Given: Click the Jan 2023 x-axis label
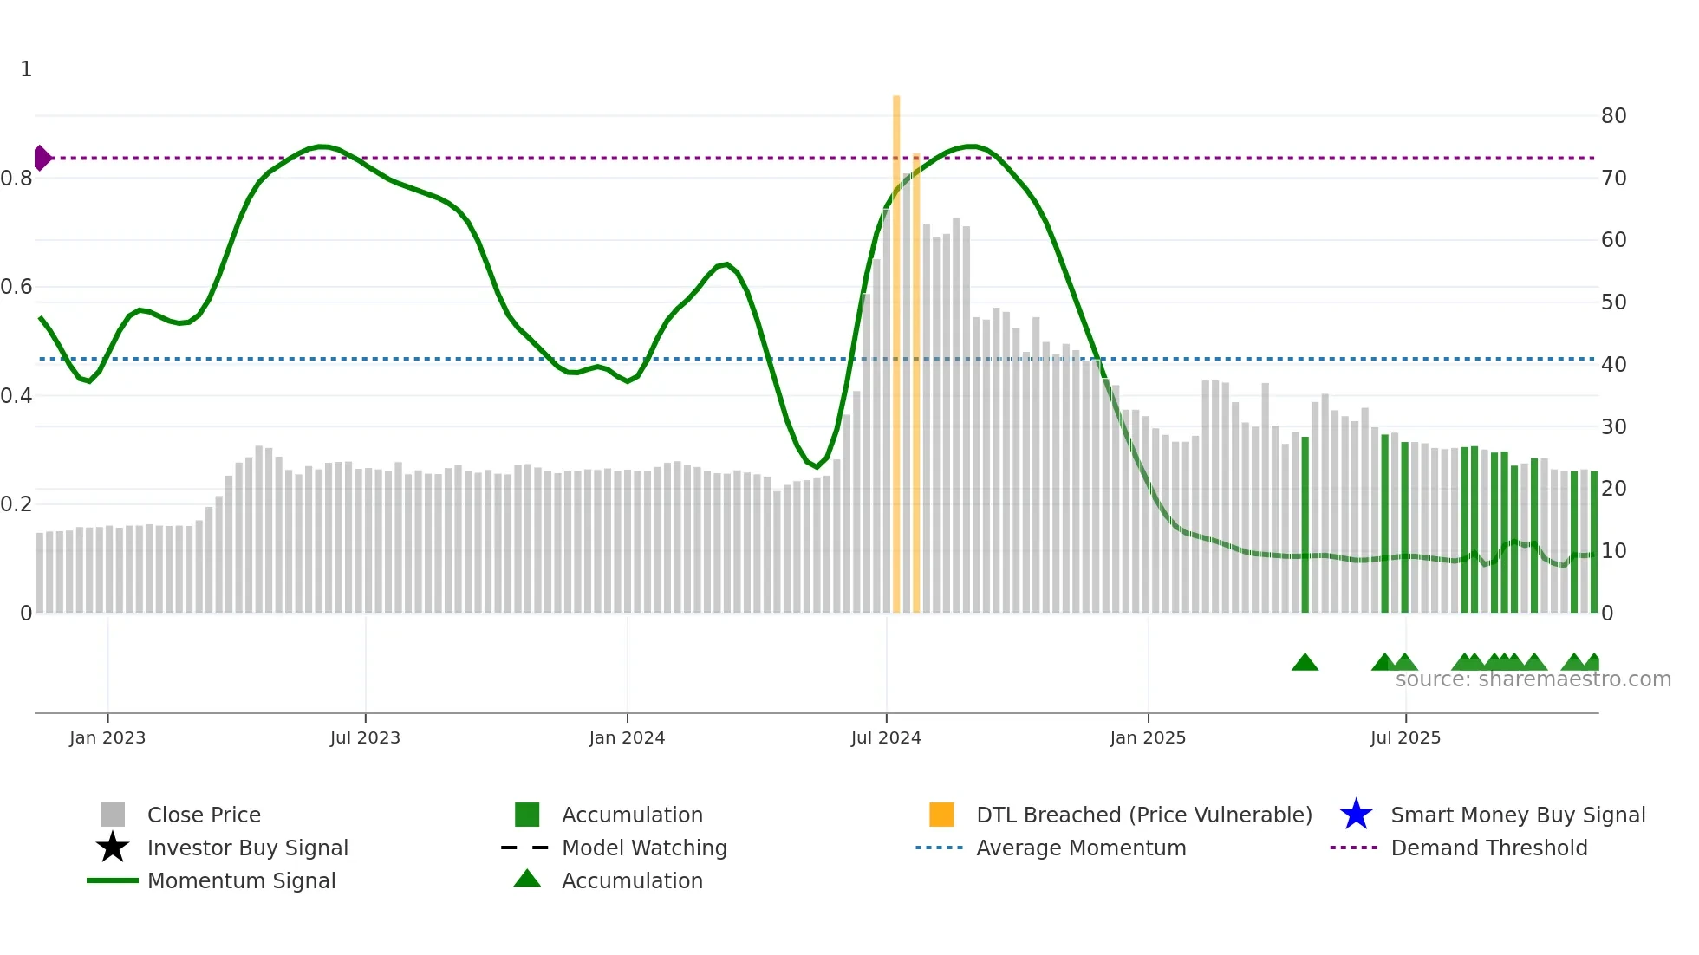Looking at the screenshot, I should (107, 737).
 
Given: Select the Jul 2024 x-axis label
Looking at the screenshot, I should (885, 737).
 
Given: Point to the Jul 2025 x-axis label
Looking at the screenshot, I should (1404, 737).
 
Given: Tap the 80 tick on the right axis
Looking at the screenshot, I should (1613, 116).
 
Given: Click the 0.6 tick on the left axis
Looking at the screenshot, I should (16, 287).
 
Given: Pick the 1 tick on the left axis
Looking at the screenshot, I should (26, 69).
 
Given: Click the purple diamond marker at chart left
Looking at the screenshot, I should (42, 158).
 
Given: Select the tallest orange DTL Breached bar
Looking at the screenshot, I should (896, 347).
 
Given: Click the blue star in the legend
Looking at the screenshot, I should (1356, 815).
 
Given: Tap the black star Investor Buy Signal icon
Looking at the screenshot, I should (113, 848).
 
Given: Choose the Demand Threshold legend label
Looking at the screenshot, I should (1488, 848).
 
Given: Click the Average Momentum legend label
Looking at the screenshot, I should (1080, 848).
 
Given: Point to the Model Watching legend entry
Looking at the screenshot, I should (643, 848).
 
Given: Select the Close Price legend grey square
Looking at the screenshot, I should (113, 815).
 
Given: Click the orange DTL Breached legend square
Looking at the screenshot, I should (941, 815).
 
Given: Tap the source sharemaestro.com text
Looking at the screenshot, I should (1533, 679).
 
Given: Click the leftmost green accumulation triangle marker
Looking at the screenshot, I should (1305, 663).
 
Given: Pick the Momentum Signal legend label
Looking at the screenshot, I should (241, 880).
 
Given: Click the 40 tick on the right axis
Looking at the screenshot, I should (1613, 365).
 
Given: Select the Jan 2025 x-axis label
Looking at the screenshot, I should (1147, 737).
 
